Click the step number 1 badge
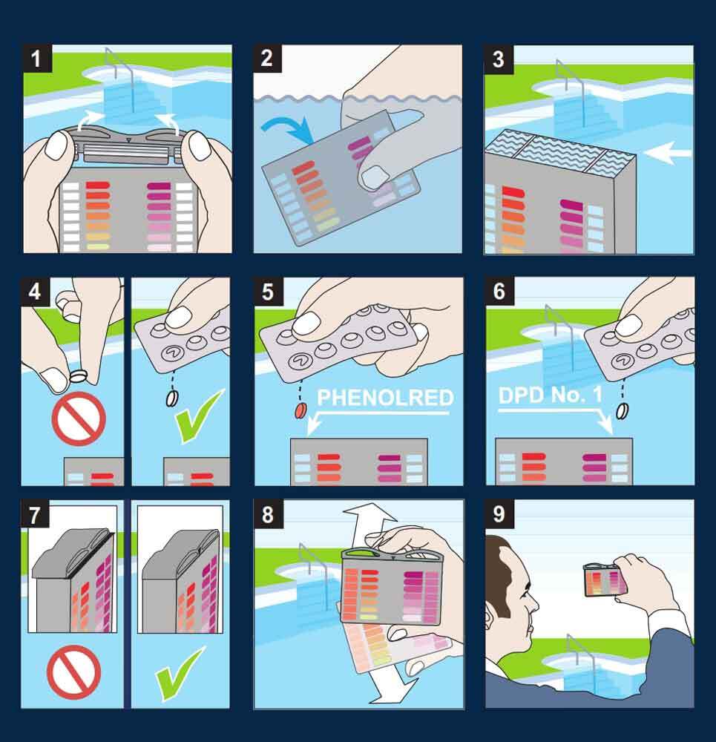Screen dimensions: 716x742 pyautogui.click(x=37, y=59)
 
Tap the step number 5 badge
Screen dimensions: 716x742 pyautogui.click(x=269, y=292)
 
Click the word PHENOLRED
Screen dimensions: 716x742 pyautogui.click(x=385, y=398)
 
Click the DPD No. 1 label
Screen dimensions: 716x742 pyautogui.click(x=551, y=395)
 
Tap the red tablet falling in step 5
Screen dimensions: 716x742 pyautogui.click(x=300, y=410)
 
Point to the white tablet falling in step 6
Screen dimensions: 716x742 pyautogui.click(x=623, y=411)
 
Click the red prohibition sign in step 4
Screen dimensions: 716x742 pyautogui.click(x=79, y=418)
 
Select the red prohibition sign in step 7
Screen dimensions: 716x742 pyautogui.click(x=73, y=672)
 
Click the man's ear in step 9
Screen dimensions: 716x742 pyautogui.click(x=488, y=614)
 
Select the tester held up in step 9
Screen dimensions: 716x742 pyautogui.click(x=604, y=580)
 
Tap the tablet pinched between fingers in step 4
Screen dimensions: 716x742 pyautogui.click(x=79, y=376)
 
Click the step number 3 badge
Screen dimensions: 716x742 pyautogui.click(x=499, y=59)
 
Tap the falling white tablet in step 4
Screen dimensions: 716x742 pyautogui.click(x=172, y=398)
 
